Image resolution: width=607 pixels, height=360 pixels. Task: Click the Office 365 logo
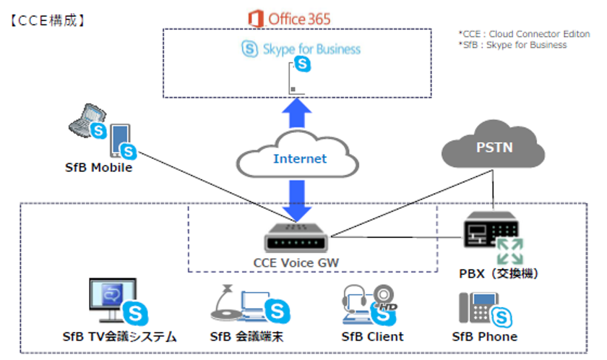pyautogui.click(x=288, y=18)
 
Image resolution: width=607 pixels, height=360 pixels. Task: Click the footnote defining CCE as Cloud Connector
pyautogui.click(x=524, y=34)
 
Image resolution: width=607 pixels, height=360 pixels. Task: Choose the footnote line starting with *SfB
pyautogui.click(x=512, y=45)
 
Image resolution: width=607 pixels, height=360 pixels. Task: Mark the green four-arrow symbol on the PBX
pyautogui.click(x=510, y=250)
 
